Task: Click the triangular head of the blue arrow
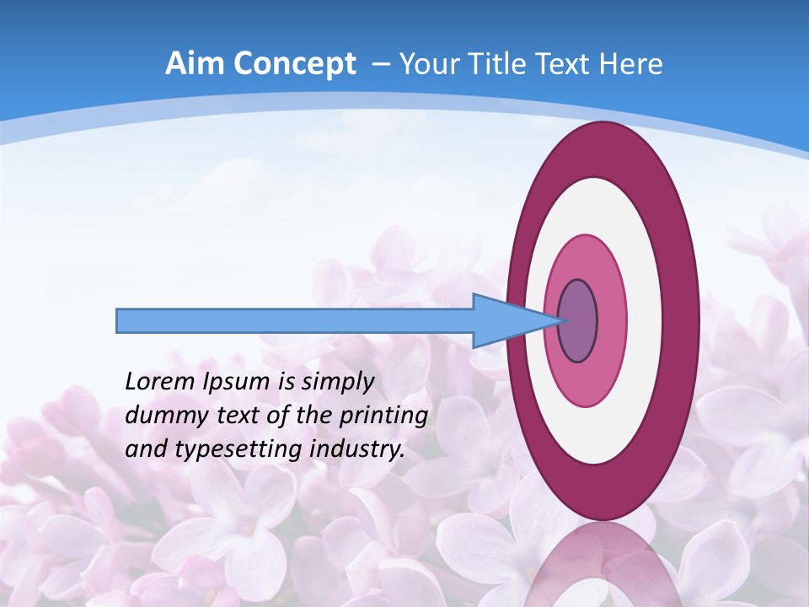pos(506,321)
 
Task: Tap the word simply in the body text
pos(337,383)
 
